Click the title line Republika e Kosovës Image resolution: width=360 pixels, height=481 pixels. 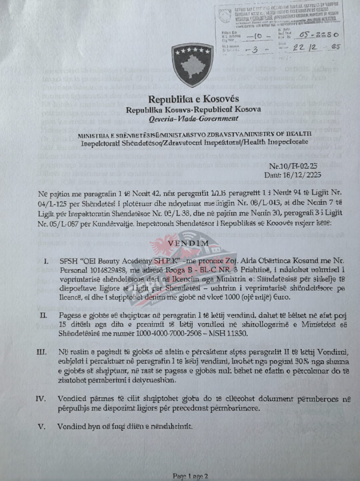click(194, 100)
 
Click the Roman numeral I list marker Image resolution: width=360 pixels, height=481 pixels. click(46, 261)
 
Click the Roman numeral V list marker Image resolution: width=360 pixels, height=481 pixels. click(43, 427)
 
